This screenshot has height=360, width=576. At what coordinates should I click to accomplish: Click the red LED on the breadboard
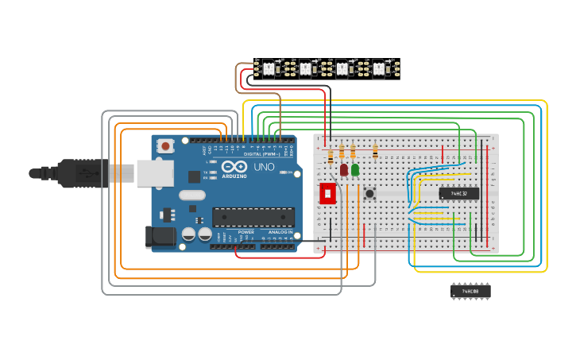344,168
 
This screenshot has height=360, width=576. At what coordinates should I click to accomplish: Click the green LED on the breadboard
354,168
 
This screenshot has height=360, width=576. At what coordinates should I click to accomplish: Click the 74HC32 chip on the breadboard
459,193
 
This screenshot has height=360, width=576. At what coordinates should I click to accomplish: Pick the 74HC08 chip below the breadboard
470,292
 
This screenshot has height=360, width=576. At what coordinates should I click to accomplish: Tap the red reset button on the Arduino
165,145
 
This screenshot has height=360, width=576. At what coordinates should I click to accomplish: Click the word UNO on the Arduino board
263,168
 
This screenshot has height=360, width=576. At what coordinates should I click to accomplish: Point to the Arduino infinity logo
234,168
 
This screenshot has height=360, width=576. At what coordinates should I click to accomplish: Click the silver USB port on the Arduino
154,172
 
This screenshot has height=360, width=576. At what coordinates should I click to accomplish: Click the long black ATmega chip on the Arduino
253,216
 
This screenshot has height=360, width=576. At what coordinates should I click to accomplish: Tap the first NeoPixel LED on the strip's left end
269,69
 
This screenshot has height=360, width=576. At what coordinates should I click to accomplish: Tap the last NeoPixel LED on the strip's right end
379,69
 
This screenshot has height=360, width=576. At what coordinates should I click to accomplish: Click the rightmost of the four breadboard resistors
375,150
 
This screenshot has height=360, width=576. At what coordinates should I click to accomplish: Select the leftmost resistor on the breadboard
331,155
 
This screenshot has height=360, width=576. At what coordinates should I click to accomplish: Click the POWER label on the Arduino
246,232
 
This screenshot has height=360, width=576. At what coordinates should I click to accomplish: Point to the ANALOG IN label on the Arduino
280,232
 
